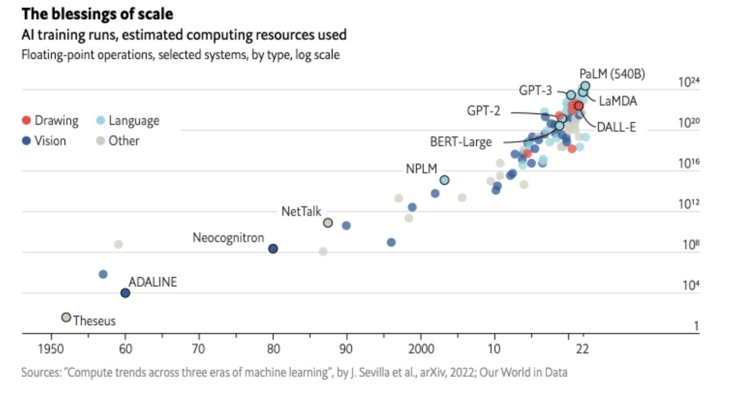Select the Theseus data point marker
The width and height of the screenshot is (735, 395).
pyautogui.click(x=66, y=317)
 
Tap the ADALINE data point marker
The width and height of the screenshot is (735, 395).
pyautogui.click(x=125, y=293)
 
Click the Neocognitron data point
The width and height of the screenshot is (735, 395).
pyautogui.click(x=273, y=248)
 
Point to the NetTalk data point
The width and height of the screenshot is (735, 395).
pyautogui.click(x=328, y=223)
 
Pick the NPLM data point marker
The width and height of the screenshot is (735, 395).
pyautogui.click(x=444, y=180)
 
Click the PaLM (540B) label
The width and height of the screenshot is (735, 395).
pyautogui.click(x=612, y=74)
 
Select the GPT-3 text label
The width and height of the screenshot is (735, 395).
pyautogui.click(x=535, y=90)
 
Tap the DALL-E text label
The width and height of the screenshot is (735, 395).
pyautogui.click(x=616, y=127)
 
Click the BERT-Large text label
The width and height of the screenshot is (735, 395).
pyautogui.click(x=461, y=142)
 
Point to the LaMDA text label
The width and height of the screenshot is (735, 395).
pyautogui.click(x=618, y=101)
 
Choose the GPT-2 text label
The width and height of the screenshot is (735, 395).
pyautogui.click(x=484, y=111)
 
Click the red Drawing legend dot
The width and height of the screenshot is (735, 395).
pyautogui.click(x=26, y=121)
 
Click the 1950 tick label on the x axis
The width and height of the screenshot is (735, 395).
pyautogui.click(x=51, y=348)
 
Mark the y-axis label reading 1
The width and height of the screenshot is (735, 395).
pyautogui.click(x=696, y=326)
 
